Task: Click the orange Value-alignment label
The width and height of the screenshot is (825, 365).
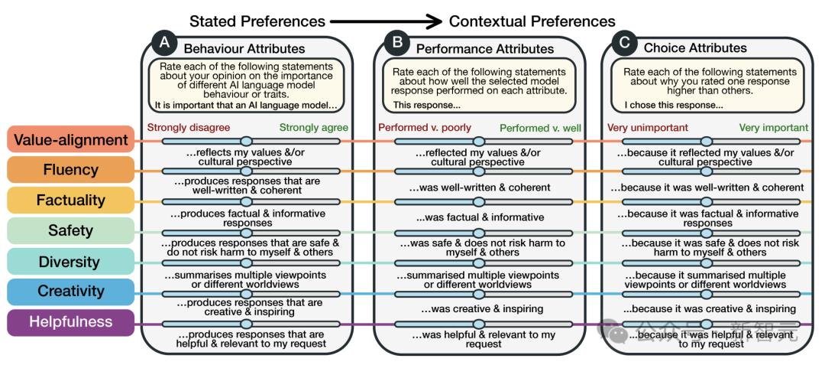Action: point(70,140)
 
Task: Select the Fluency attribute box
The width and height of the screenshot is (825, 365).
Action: point(70,170)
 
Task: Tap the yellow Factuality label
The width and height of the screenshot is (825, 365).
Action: point(70,200)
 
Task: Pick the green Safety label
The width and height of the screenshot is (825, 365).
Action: point(70,230)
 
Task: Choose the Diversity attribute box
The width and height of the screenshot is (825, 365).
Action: point(70,261)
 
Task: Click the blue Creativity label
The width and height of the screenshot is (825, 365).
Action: point(70,292)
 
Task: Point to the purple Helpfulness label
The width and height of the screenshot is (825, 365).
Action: point(70,322)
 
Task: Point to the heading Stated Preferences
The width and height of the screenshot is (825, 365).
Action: point(257,21)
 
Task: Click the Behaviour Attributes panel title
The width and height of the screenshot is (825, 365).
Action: point(244,49)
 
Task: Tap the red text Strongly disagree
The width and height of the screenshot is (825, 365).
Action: point(189,127)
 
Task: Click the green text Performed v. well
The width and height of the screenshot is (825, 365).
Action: point(536,127)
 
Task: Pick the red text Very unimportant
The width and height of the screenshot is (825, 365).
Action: point(648,127)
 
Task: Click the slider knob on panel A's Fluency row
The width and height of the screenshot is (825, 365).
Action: point(246,171)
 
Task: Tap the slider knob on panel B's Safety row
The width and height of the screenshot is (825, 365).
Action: point(479,233)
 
